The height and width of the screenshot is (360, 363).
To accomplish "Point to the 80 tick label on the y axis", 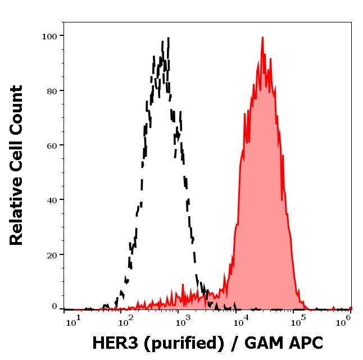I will point(51,91).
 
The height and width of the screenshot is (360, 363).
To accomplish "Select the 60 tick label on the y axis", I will point(51,145).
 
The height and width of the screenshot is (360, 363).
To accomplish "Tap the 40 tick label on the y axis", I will point(51,200).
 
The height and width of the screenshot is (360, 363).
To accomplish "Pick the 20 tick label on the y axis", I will point(51,254).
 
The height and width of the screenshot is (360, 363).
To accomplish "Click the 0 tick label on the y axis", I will point(55,307).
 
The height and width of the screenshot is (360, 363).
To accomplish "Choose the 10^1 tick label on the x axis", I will point(74,320).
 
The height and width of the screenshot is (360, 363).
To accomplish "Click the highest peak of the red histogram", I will point(262,38).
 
